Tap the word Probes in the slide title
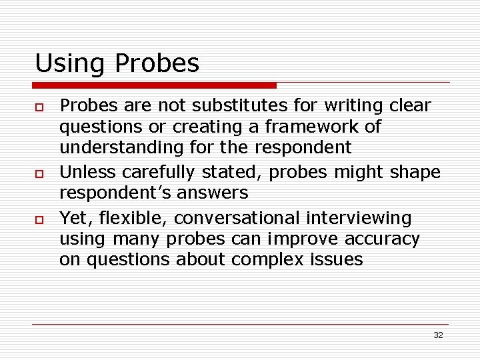[x=157, y=64]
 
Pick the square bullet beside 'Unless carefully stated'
[x=40, y=173]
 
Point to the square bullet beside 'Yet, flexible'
[x=40, y=219]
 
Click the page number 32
[x=438, y=335]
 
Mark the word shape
[x=415, y=172]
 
